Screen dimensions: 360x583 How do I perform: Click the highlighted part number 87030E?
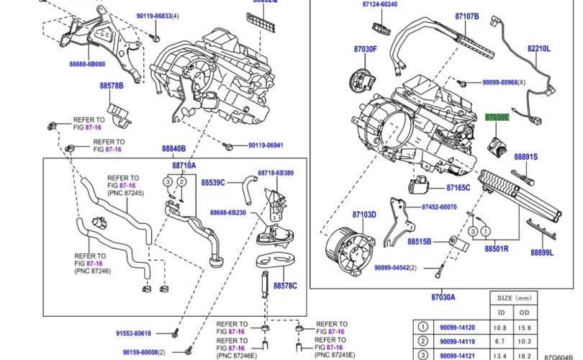pos(497,116)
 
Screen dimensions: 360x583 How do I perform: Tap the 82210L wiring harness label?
pos(538,49)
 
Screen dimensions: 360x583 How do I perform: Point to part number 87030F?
pos(365,49)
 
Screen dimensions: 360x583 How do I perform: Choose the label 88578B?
pos(112,86)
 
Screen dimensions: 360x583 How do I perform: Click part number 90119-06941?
pos(266,145)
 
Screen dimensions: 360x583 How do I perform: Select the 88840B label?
pos(174,148)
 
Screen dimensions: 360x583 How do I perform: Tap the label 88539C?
pos(214,182)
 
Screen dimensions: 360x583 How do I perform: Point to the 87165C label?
pos(458,188)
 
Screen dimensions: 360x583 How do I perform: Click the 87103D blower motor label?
pos(364,215)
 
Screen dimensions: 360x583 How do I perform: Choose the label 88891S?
pos(525,156)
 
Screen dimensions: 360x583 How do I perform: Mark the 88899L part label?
pos(542,252)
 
